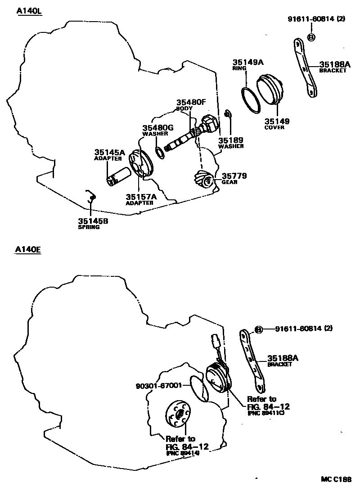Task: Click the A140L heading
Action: coord(28,11)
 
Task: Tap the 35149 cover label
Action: coord(277,121)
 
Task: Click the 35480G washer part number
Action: coord(158,128)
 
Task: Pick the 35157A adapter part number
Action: coord(141,197)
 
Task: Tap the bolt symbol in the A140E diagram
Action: coord(259,330)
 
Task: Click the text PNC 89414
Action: coord(182,453)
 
